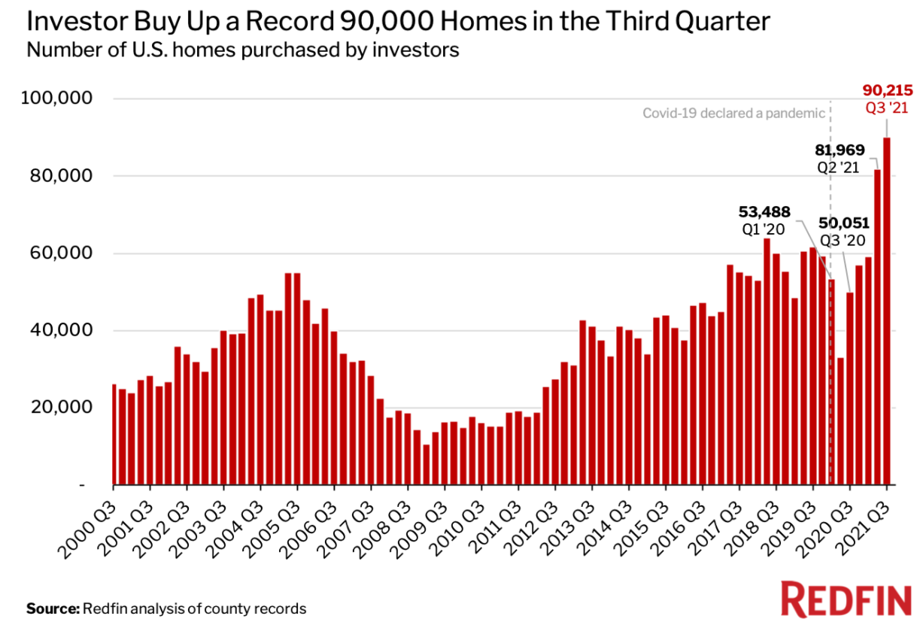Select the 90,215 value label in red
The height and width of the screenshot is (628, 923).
pyautogui.click(x=887, y=91)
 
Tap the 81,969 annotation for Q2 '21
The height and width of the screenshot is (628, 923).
pyautogui.click(x=839, y=150)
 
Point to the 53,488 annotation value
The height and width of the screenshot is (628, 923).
pyautogui.click(x=764, y=211)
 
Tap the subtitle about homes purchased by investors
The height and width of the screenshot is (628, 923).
pyautogui.click(x=242, y=51)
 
